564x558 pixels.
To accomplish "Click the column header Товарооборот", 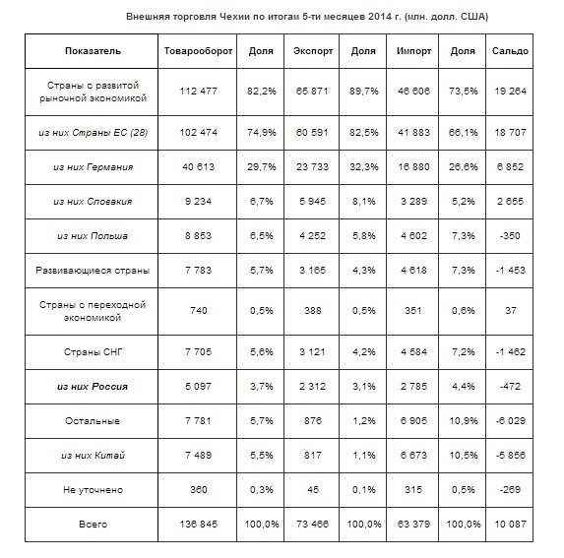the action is tap(198, 51).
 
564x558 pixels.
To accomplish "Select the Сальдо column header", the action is tap(510, 51).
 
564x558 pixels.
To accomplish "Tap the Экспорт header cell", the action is tap(313, 51).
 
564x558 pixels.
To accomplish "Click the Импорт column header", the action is tap(413, 51).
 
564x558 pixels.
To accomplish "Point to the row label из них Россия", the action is tap(93, 387).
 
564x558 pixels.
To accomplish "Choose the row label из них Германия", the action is tap(94, 167).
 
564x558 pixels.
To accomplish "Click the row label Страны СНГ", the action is tap(94, 351).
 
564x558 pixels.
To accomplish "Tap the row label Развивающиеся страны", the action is tap(93, 271).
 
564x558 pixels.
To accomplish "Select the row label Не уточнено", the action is tap(93, 490).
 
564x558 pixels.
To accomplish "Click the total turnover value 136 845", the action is tap(198, 524).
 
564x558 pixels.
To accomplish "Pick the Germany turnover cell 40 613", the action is tap(198, 167).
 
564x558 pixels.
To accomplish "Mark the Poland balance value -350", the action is tap(510, 236).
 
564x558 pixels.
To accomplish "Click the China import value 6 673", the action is tap(413, 456).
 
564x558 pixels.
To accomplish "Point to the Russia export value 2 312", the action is tap(312, 387).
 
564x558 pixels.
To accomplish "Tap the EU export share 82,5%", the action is tap(363, 133).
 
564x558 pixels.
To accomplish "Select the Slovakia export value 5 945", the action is tap(312, 202).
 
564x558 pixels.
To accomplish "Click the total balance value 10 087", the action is tap(510, 524).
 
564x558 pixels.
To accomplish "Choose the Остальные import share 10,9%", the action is tap(464, 420).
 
